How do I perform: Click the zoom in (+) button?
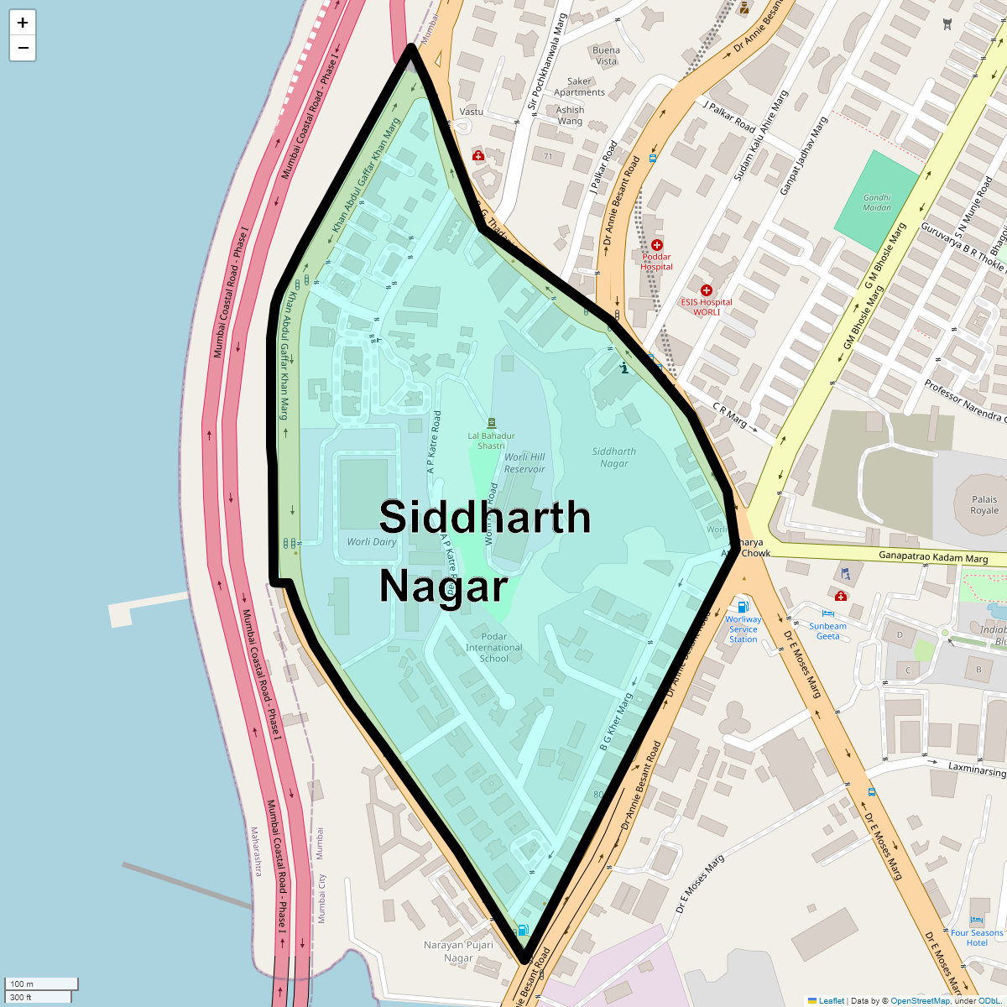coord(23,23)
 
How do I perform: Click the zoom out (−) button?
coord(23,48)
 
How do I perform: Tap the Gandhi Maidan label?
coord(877,202)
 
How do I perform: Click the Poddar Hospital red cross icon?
coord(656,245)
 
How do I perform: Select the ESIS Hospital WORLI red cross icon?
coord(706,290)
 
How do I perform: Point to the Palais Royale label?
coord(984,504)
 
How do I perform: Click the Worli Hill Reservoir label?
coord(524,463)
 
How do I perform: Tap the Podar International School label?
coord(494,647)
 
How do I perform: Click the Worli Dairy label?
coord(372,541)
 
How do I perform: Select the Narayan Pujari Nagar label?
coord(458,951)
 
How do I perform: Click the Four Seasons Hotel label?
coord(977,937)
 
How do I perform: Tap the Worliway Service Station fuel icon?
coord(743,607)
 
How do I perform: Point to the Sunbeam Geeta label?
coord(827,631)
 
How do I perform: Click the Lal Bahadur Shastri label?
coord(492,441)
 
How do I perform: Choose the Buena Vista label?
coord(606,55)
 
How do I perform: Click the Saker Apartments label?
coord(579,86)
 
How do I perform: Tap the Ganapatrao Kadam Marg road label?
coord(932,556)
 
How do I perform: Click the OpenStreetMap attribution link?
coord(920,1000)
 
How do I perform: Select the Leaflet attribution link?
coord(831,1000)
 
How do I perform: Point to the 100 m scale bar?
coord(41,984)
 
